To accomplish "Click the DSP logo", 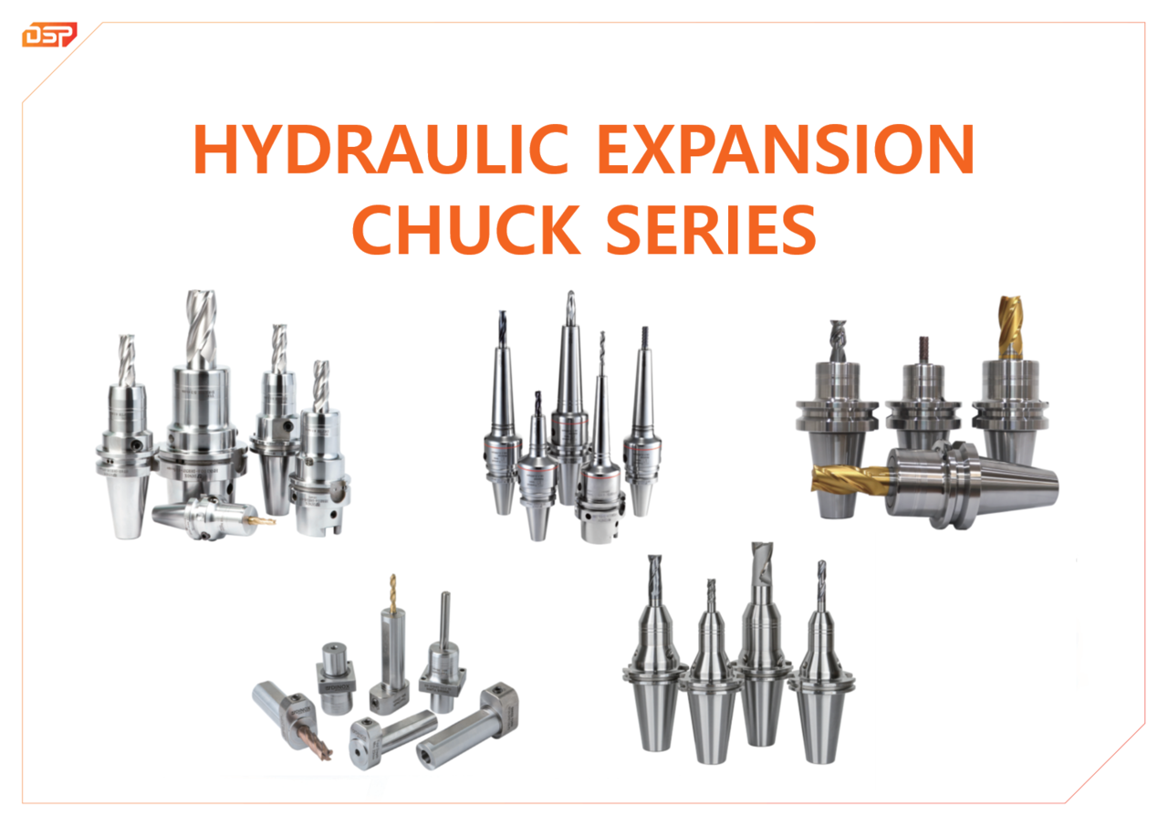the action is (49, 35).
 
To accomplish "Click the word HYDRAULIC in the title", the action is (381, 149).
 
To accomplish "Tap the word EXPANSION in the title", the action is (786, 149).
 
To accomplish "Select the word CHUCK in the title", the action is (466, 229).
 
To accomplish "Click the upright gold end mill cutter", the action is (1010, 327).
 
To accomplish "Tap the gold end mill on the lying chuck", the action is (850, 478).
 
